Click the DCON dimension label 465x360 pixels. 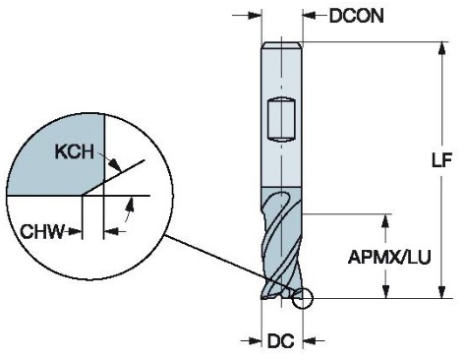click(356, 16)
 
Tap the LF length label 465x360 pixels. click(441, 160)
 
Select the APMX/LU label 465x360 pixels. click(389, 257)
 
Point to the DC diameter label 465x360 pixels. click(281, 341)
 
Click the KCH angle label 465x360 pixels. click(74, 151)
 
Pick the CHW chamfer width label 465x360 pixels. click(42, 231)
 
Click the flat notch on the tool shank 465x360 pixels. click(281, 120)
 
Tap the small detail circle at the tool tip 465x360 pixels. click(303, 298)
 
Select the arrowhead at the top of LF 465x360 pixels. click(441, 48)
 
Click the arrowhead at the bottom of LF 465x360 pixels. click(441, 292)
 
